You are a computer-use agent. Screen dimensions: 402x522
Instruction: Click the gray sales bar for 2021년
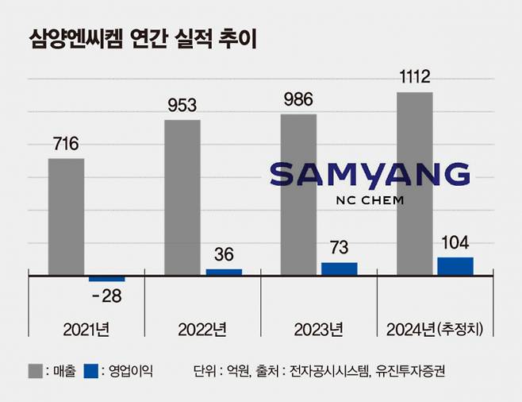click(66, 216)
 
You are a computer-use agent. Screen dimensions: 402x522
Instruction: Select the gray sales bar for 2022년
click(182, 197)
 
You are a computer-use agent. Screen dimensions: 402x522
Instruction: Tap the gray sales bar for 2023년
click(298, 194)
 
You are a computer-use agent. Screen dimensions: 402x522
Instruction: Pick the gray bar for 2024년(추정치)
click(414, 183)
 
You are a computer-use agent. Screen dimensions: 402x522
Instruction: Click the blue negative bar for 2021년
click(107, 278)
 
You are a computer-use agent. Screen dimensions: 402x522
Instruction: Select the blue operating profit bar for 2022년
click(224, 272)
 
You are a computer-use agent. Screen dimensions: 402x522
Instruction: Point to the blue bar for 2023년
click(340, 269)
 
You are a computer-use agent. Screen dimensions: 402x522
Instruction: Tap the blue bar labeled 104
click(455, 266)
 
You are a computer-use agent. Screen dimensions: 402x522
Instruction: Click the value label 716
click(66, 145)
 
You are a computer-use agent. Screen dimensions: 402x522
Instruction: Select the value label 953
click(182, 106)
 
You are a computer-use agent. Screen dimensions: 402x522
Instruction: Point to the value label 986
click(298, 100)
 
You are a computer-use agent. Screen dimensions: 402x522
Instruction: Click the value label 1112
click(414, 77)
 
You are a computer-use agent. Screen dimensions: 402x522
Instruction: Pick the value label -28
click(107, 296)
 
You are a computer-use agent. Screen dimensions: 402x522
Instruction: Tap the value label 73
click(340, 247)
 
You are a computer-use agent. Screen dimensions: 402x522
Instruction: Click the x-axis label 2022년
click(204, 328)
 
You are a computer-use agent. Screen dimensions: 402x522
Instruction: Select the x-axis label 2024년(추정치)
click(435, 328)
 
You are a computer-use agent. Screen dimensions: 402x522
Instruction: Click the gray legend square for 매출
click(36, 370)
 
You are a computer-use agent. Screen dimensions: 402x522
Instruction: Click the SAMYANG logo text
click(370, 175)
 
